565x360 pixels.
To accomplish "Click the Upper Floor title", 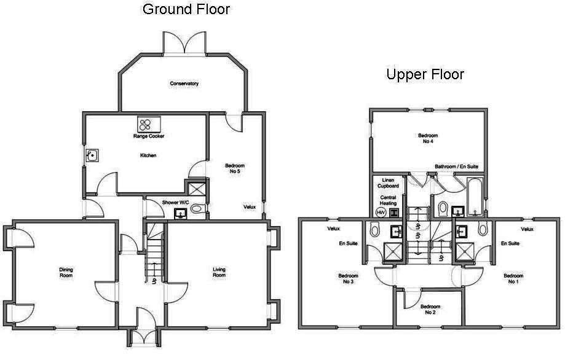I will (x=425, y=75).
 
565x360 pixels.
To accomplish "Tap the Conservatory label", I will (x=184, y=84).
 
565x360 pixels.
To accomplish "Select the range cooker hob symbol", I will (x=148, y=125).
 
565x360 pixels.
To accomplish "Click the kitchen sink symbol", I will (x=92, y=155).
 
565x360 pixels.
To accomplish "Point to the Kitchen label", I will (x=148, y=155).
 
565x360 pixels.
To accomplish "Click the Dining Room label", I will (x=66, y=272).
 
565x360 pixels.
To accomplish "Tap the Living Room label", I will (x=219, y=272).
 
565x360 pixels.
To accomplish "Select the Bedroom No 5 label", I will (x=235, y=169).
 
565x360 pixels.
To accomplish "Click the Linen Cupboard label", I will (x=388, y=182).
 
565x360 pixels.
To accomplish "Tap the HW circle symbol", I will (x=381, y=212).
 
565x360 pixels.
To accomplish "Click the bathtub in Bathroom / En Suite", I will (x=475, y=198).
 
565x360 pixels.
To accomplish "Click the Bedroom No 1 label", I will (x=513, y=279).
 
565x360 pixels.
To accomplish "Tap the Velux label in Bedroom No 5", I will (x=250, y=207).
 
